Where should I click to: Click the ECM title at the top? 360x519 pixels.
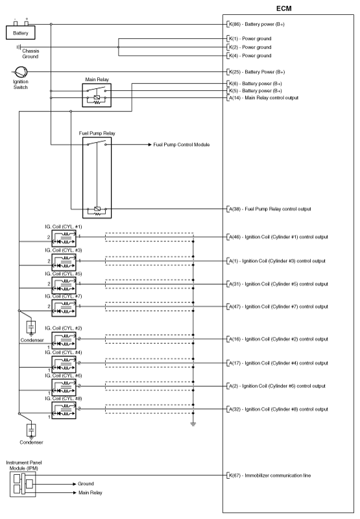[284, 8]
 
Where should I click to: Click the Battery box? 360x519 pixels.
[21, 32]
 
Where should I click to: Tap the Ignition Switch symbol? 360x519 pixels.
[21, 72]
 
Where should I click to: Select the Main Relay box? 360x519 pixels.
[97, 95]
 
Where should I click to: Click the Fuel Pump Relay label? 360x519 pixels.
[97, 133]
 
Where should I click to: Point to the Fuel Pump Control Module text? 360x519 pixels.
[182, 145]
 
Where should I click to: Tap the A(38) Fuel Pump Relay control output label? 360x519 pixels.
[270, 209]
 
